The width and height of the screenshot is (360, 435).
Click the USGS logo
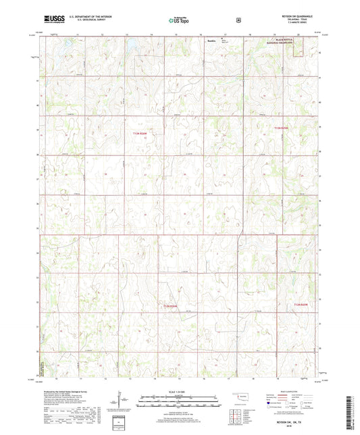[x=51, y=20]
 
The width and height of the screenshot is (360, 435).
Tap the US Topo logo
[x=179, y=21]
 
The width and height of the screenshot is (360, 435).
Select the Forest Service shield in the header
[x=238, y=20]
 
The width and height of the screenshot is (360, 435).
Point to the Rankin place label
[x=211, y=42]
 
